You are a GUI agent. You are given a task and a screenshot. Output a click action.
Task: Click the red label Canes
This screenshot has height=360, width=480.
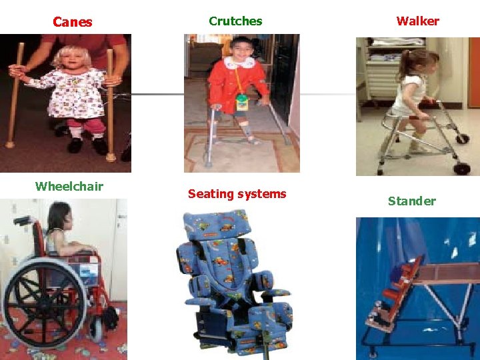[72, 22]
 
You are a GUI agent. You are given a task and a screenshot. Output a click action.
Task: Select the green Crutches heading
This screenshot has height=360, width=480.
[235, 21]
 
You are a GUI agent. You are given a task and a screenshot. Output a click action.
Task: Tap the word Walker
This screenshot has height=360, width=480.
[417, 21]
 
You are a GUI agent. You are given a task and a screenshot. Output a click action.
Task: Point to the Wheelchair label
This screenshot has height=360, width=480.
[69, 186]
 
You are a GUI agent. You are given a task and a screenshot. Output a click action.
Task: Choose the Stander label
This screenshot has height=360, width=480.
[411, 201]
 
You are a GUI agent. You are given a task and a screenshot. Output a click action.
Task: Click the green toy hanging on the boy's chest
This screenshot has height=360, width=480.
[242, 102]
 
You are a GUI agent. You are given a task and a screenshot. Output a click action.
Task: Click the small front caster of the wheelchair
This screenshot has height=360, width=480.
[97, 329]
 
